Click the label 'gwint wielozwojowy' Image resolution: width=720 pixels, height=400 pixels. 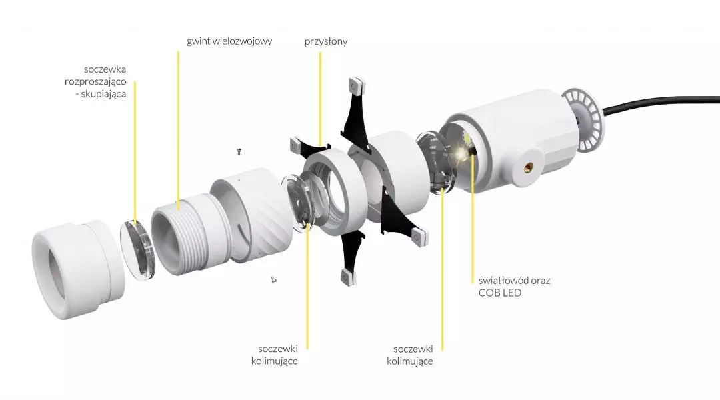click(x=229, y=41)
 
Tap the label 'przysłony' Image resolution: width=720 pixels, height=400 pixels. click(x=325, y=41)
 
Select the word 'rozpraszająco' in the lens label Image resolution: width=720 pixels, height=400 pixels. click(x=95, y=82)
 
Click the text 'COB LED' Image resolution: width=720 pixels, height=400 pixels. click(x=499, y=293)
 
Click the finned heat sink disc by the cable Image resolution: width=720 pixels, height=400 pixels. click(x=582, y=119)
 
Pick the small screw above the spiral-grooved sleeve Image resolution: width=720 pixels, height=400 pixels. click(x=239, y=151)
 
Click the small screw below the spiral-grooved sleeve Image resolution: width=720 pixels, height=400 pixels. click(x=274, y=279)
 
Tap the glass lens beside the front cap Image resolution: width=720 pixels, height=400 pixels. click(x=137, y=250)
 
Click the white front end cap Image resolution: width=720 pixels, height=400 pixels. click(x=78, y=269)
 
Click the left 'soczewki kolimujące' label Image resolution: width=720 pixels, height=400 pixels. click(x=275, y=355)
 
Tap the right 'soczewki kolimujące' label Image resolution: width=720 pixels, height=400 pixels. click(x=409, y=355)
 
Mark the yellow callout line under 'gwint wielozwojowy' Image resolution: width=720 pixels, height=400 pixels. click(x=178, y=131)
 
